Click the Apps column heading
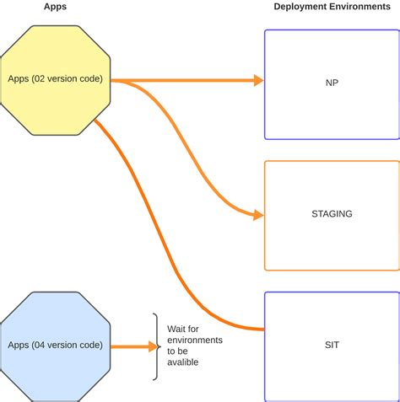point(55,7)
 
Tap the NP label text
point(332,83)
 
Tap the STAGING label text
point(332,214)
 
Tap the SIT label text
point(332,346)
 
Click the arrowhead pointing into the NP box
point(258,81)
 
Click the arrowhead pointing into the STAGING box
point(258,215)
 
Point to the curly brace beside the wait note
point(156,346)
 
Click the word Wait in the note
point(179,327)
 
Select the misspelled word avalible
point(185,363)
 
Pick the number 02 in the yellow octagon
point(40,79)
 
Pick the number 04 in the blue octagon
point(40,346)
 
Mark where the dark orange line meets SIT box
point(264,328)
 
